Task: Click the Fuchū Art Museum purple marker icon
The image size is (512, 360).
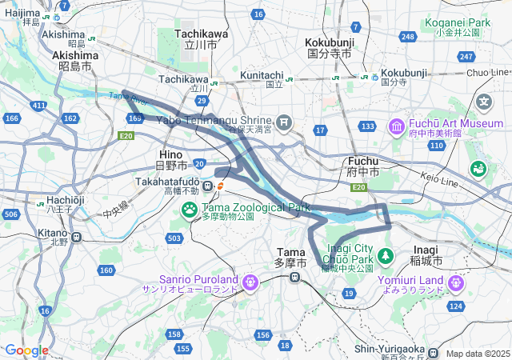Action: pos(396,126)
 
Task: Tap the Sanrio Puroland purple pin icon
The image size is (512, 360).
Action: pos(250,282)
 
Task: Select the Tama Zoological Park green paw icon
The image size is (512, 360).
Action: pos(190,210)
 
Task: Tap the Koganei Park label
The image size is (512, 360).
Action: pos(458,23)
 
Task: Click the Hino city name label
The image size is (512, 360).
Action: pos(171,153)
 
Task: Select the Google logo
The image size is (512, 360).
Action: pos(26,350)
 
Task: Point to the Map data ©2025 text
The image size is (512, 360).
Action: pos(478,354)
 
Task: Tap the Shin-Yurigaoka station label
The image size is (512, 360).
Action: pos(390,349)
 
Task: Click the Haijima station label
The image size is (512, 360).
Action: pos(21,12)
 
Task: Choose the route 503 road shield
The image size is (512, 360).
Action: pos(174,238)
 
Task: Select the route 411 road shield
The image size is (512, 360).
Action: pos(38,105)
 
